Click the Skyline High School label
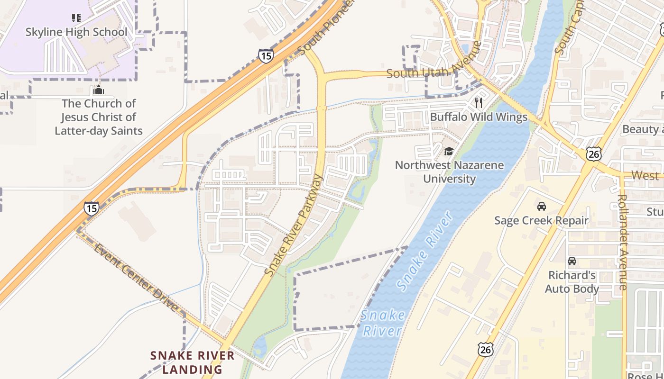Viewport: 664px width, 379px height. (x=76, y=32)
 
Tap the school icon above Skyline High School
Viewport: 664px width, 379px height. (x=76, y=18)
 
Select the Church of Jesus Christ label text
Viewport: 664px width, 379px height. (x=99, y=117)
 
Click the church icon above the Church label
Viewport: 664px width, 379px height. (x=99, y=89)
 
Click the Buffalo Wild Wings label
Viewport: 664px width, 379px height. (x=479, y=117)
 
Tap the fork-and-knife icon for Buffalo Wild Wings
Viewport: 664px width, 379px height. (x=479, y=103)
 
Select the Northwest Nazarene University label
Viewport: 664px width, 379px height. (x=449, y=172)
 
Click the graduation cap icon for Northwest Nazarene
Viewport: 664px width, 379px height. (x=449, y=152)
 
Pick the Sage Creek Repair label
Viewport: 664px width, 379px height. (x=541, y=220)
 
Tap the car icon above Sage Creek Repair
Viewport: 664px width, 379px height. (x=541, y=207)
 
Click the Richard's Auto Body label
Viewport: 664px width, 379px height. (x=572, y=282)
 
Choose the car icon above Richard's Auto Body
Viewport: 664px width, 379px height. (x=572, y=261)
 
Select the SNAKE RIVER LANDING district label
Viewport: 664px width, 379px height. (x=193, y=362)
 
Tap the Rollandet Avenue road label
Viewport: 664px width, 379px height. (x=623, y=242)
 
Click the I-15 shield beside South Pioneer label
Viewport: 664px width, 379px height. (x=266, y=56)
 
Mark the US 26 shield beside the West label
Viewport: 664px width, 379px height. (x=593, y=153)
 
